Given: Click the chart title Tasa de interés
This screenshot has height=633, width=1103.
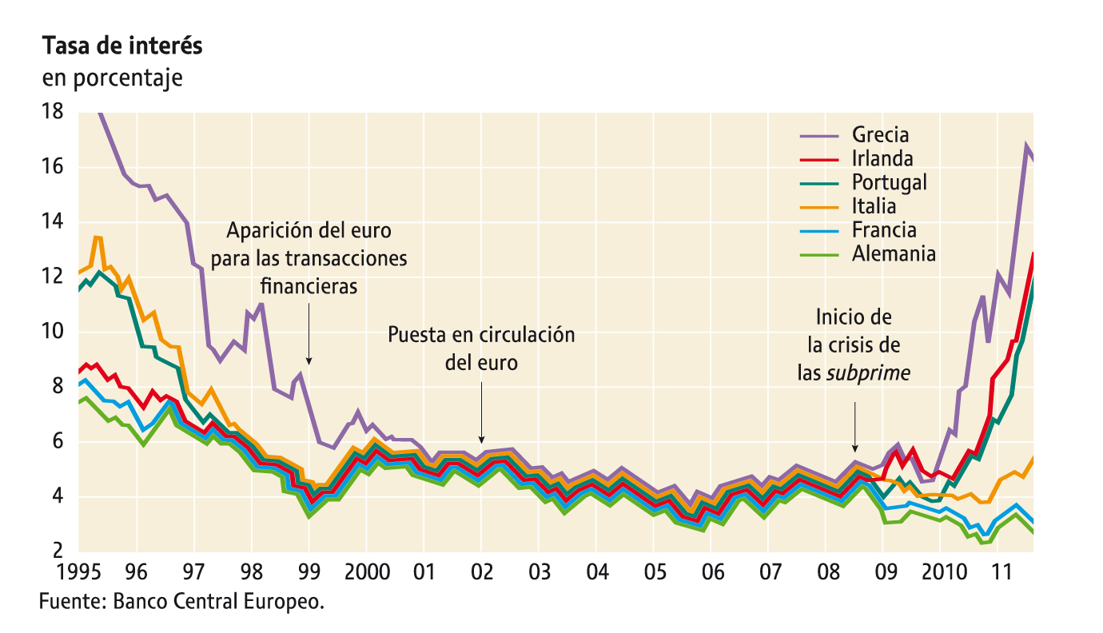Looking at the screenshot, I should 122,46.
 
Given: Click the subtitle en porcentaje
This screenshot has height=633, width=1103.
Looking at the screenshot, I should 112,78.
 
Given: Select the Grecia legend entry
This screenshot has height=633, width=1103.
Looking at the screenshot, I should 880,134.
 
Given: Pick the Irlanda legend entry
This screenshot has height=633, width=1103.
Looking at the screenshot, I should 882,158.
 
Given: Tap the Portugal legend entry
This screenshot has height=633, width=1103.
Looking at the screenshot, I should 889,182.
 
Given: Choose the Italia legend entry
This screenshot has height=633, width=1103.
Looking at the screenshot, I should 874,206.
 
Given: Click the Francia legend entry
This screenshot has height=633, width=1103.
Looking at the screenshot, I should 883,230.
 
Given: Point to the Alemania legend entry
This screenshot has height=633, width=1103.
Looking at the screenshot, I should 894,254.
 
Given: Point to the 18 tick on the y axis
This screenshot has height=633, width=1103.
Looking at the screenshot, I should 53,112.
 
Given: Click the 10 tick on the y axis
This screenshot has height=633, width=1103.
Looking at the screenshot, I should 53,332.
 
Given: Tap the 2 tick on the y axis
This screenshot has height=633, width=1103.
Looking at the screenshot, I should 58,551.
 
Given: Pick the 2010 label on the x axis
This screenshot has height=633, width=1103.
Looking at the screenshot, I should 939,572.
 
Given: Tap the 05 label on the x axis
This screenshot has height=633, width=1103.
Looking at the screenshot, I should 653,572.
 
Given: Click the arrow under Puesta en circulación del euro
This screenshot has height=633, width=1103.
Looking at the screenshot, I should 481,411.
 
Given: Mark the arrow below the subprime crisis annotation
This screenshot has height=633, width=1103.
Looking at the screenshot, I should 855,428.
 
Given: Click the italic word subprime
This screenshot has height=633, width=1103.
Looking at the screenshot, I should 869,372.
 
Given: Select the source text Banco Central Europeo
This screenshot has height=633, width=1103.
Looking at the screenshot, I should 219,601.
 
